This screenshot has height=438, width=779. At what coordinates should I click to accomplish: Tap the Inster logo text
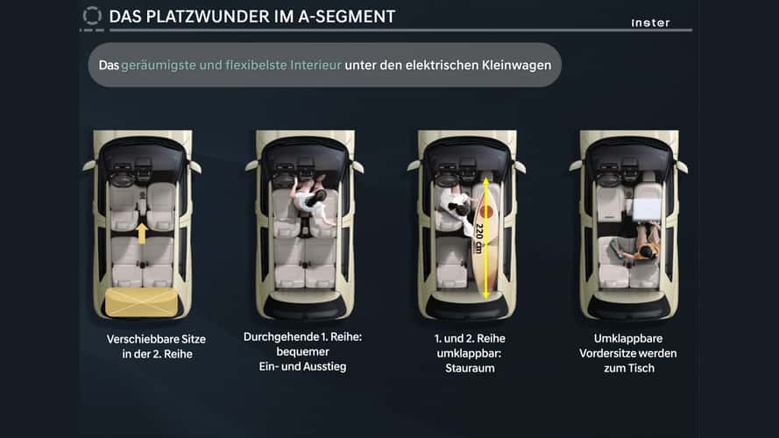pyautogui.click(x=650, y=23)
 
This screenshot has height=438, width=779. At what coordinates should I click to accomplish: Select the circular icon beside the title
pyautogui.click(x=92, y=16)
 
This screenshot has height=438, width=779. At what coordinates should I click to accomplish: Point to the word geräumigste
pyautogui.click(x=159, y=66)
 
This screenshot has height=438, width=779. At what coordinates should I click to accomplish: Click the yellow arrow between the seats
pyautogui.click(x=142, y=233)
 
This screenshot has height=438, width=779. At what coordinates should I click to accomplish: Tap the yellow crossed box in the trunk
pyautogui.click(x=142, y=302)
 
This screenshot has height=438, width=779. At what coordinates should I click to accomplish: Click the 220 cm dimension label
pyautogui.click(x=479, y=238)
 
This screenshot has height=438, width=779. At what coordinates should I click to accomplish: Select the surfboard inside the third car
pyautogui.click(x=485, y=238)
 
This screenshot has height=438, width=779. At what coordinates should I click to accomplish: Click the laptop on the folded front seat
pyautogui.click(x=647, y=208)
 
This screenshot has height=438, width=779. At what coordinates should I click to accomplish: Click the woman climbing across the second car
pyautogui.click(x=313, y=201)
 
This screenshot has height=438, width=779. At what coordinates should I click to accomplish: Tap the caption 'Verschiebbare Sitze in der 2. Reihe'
pyautogui.click(x=157, y=347)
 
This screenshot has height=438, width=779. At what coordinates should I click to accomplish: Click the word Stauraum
pyautogui.click(x=470, y=369)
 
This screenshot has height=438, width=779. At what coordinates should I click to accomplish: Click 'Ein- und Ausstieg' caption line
pyautogui.click(x=302, y=366)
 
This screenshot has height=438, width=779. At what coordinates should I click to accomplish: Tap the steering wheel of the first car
pyautogui.click(x=122, y=180)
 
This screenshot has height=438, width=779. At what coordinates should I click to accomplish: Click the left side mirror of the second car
pyautogui.click(x=251, y=166)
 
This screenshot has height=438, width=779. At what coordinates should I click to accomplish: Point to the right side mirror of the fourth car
pyautogui.click(x=682, y=166)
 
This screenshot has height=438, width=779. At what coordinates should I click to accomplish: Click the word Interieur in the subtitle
pyautogui.click(x=315, y=65)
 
